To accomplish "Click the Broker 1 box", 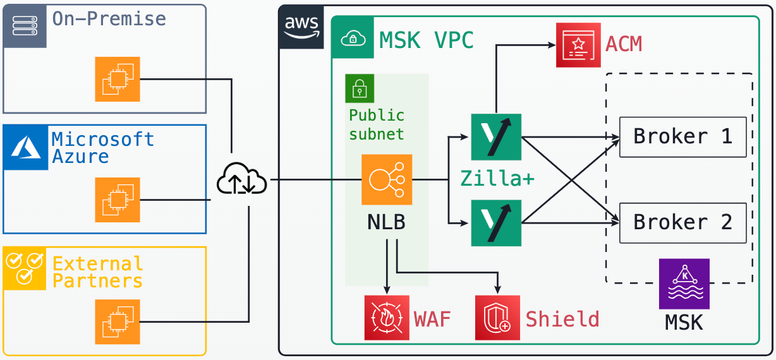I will click(x=682, y=136).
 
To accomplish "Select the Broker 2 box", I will click(x=682, y=223).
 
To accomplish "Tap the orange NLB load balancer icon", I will click(x=387, y=180).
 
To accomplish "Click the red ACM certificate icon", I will click(x=578, y=45).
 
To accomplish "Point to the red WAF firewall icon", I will click(x=387, y=318).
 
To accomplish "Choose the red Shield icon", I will click(x=497, y=318).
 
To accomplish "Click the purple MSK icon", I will click(x=684, y=284).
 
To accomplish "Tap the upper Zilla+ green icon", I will click(x=496, y=137).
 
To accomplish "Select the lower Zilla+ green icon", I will click(x=496, y=223).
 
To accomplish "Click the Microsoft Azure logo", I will click(x=25, y=147).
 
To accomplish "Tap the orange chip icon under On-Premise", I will click(x=118, y=79).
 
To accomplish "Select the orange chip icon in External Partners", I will click(x=118, y=321).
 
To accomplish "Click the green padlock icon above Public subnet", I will click(x=360, y=88).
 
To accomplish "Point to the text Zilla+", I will click(x=497, y=179).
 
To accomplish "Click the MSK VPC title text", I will click(x=427, y=40).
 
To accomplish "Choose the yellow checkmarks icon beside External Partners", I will click(x=25, y=268).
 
